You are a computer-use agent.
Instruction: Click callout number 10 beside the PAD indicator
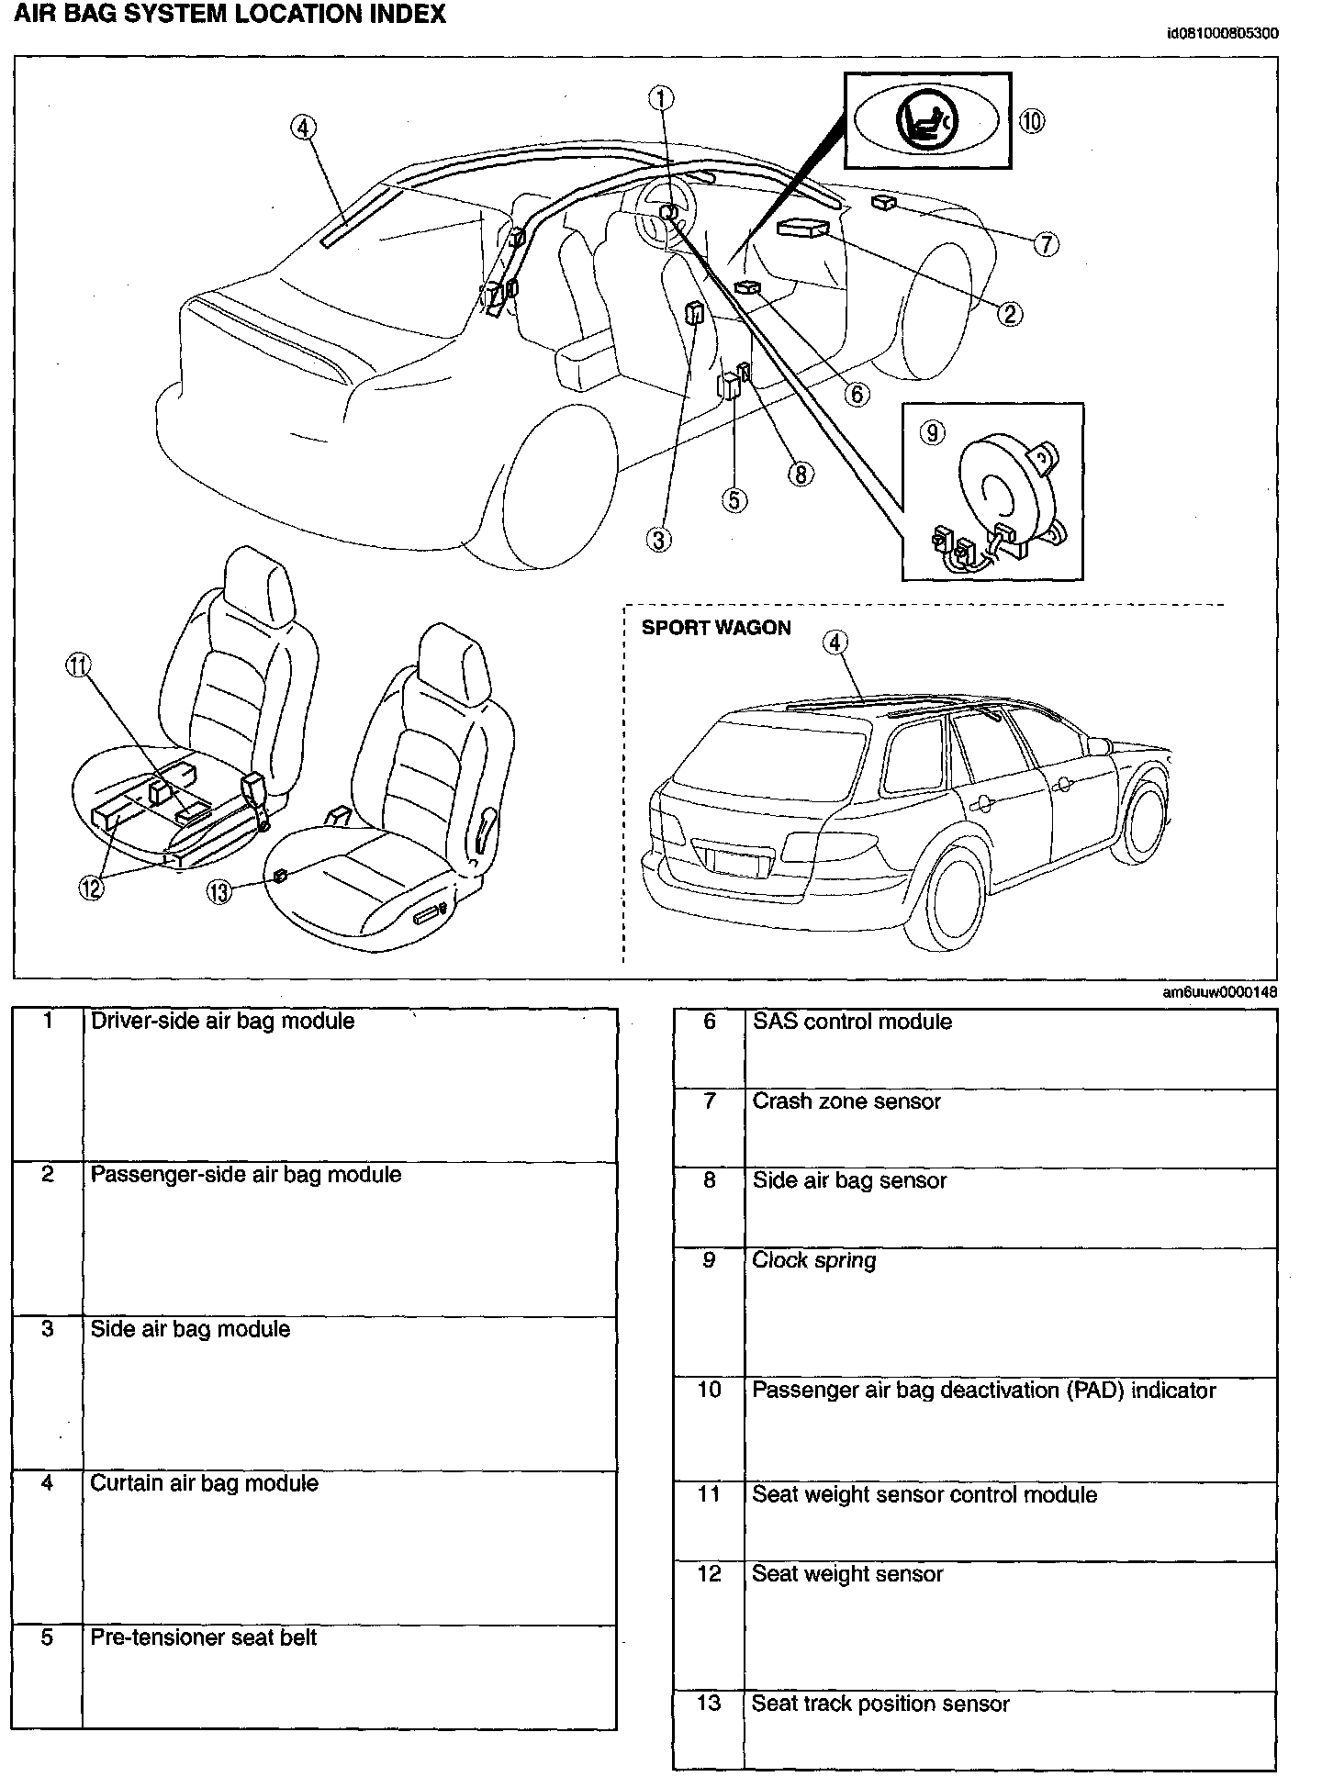point(1032,121)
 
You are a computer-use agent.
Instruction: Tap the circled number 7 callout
point(1045,244)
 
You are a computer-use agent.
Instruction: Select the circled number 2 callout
point(1009,315)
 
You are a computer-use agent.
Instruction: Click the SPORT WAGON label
point(716,629)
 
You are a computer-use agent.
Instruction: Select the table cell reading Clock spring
point(813,1261)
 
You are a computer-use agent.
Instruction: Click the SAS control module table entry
point(852,1023)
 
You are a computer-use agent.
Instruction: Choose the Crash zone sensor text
point(846,1101)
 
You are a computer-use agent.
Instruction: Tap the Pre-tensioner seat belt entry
point(203,1637)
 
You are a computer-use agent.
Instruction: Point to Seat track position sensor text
point(880,1704)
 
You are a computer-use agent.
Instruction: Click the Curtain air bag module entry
point(204,1483)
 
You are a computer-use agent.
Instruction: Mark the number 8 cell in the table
point(709,1180)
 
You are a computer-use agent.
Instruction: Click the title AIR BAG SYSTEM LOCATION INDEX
point(230,15)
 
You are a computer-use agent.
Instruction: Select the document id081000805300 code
point(1221,34)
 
